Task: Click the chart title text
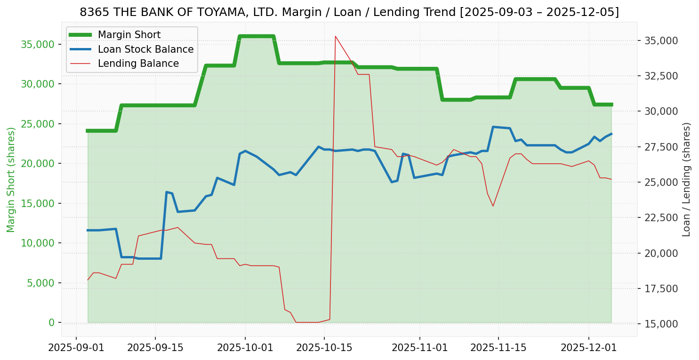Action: point(349,12)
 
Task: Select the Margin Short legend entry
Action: point(129,35)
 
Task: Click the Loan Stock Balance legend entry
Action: point(145,49)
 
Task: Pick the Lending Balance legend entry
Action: point(138,64)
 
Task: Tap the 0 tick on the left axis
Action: point(51,322)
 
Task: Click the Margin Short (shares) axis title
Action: point(11,180)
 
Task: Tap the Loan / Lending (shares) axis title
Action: point(686,179)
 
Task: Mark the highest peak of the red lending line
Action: point(335,36)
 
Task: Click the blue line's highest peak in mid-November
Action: point(493,127)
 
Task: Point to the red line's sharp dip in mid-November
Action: point(493,206)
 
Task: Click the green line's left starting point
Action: point(88,131)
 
